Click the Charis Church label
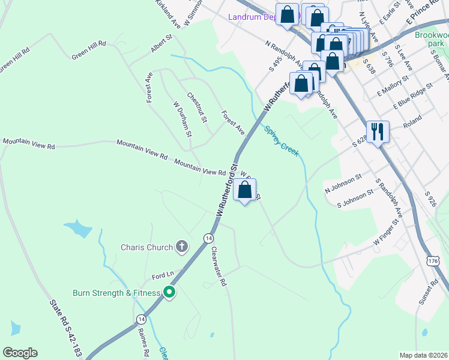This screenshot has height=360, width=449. [147, 247]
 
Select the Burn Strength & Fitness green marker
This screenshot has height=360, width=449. [169, 293]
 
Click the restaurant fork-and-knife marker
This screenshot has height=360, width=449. [378, 132]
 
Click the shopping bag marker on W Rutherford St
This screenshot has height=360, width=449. [245, 191]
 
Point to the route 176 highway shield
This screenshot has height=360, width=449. [434, 261]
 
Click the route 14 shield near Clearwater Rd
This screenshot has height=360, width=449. [208, 238]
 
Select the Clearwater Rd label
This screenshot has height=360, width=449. [217, 268]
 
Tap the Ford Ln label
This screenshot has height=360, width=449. [162, 275]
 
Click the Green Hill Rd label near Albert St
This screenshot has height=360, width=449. [88, 51]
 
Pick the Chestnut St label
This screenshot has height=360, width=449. [196, 107]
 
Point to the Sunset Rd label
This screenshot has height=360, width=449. [429, 291]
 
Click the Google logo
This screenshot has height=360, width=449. [20, 353]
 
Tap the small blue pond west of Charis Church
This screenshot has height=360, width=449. [77, 229]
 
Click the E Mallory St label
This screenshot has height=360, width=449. [393, 85]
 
